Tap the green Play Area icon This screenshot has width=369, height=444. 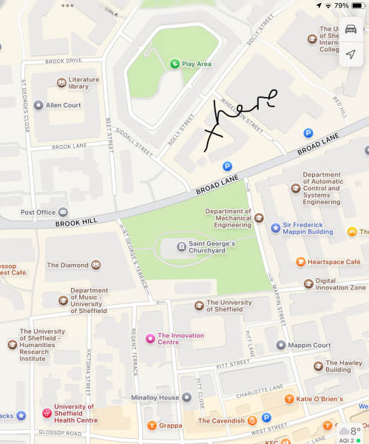click(x=175, y=64)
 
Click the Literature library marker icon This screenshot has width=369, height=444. click(x=61, y=83)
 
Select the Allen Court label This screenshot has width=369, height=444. click(x=63, y=106)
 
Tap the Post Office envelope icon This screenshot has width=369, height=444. click(x=63, y=212)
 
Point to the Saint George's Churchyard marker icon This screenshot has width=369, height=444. click(x=181, y=246)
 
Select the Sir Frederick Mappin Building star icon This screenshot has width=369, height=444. click(x=275, y=228)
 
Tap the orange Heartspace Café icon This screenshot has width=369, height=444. click(x=300, y=262)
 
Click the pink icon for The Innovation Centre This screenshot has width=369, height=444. click(x=150, y=338)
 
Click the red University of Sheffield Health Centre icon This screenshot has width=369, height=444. click(x=47, y=412)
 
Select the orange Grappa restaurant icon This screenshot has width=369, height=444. click(x=152, y=425)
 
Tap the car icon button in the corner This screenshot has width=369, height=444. click(x=351, y=29)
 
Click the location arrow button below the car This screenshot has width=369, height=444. click(x=351, y=55)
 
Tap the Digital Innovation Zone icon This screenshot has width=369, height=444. click(x=308, y=282)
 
